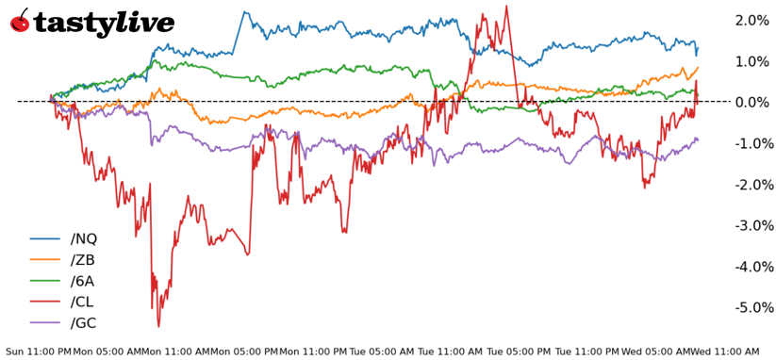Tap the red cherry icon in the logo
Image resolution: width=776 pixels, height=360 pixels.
tap(20, 21)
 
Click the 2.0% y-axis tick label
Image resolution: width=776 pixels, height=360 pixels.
tap(751, 20)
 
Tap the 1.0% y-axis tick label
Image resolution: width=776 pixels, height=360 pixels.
tap(751, 61)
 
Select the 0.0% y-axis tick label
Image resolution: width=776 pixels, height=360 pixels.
tap(751, 102)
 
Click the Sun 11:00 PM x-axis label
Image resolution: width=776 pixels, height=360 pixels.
tap(38, 351)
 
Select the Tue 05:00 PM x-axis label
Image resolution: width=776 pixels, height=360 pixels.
tap(518, 351)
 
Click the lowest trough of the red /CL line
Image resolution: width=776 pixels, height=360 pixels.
tap(158, 326)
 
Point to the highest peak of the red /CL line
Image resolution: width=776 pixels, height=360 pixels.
tap(506, 7)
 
